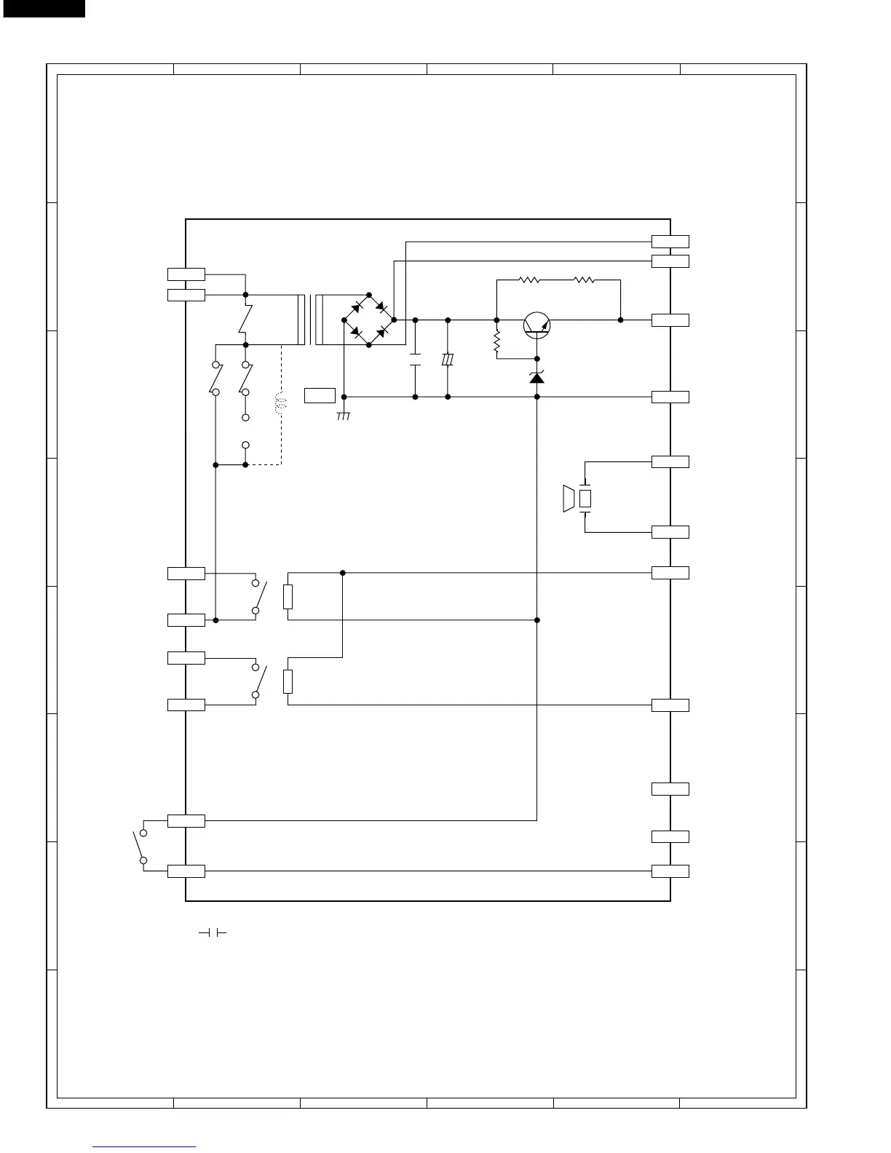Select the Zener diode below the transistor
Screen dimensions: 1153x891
(x=537, y=377)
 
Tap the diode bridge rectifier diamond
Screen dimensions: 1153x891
(x=368, y=320)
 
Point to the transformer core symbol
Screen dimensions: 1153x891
(x=310, y=320)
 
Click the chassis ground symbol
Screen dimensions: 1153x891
(x=344, y=415)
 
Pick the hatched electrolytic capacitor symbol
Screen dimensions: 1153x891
(x=448, y=360)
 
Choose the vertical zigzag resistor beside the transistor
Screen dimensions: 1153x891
(x=496, y=341)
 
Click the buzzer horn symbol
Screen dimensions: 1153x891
(x=569, y=499)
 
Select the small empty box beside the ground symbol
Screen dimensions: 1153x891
(x=320, y=395)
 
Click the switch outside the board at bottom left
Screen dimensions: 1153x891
(x=139, y=846)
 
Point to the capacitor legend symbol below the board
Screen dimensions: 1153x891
(x=212, y=933)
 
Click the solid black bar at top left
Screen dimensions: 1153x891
(x=42, y=8)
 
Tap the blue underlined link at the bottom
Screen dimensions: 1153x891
(x=145, y=1146)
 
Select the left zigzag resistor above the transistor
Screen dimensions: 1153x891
(x=529, y=279)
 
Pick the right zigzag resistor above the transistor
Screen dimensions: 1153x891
(x=584, y=279)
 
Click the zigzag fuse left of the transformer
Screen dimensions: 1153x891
(x=246, y=320)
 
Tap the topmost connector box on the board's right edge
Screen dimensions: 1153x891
(x=670, y=242)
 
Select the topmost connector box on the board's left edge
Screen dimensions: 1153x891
(x=186, y=274)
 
